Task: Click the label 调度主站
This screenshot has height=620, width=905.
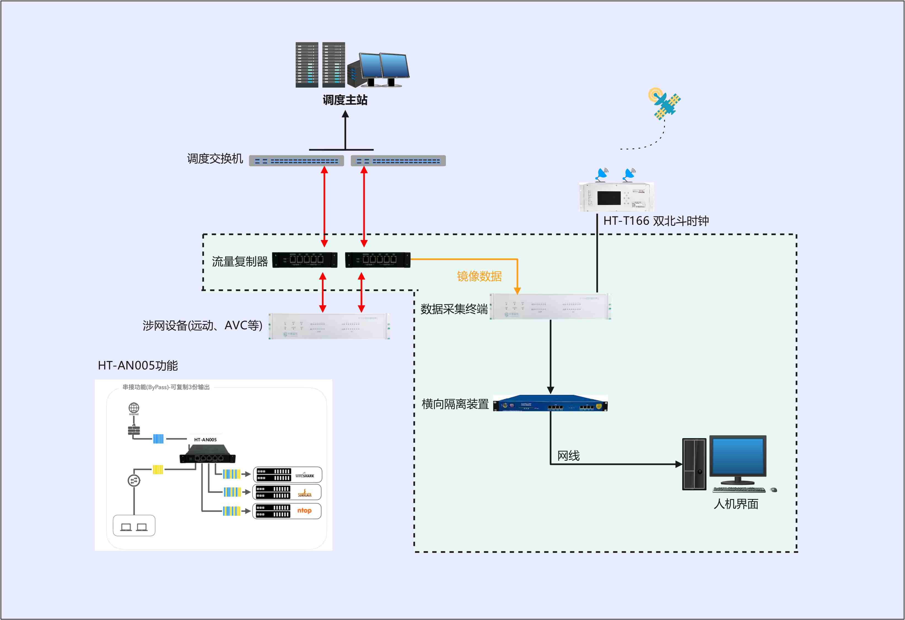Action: tap(345, 100)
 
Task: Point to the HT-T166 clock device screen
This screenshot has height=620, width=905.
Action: tap(609, 198)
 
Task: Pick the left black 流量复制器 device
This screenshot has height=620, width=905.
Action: tap(305, 260)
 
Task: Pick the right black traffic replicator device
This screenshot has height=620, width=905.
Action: tap(378, 260)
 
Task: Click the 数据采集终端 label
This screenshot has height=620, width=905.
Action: tap(454, 309)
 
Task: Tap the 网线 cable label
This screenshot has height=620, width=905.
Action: tap(568, 456)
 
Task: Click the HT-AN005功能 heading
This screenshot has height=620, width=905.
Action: tap(138, 365)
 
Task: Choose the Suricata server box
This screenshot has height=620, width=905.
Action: tap(287, 492)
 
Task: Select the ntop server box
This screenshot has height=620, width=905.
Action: tap(287, 511)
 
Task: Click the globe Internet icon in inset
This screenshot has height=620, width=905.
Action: tap(134, 408)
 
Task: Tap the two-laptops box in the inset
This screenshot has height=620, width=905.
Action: tap(134, 526)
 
